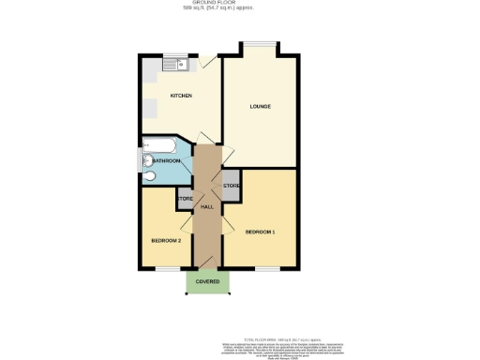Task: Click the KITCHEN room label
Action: [x=181, y=97]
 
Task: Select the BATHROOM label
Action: [x=166, y=161]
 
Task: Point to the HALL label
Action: [x=208, y=207]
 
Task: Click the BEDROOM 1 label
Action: [x=260, y=232]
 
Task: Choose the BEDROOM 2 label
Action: [x=165, y=241]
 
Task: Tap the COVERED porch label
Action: [x=208, y=281]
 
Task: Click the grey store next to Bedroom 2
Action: [x=184, y=200]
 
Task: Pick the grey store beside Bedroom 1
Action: [x=232, y=187]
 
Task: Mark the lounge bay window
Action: [x=260, y=47]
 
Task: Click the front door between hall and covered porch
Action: [x=208, y=269]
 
